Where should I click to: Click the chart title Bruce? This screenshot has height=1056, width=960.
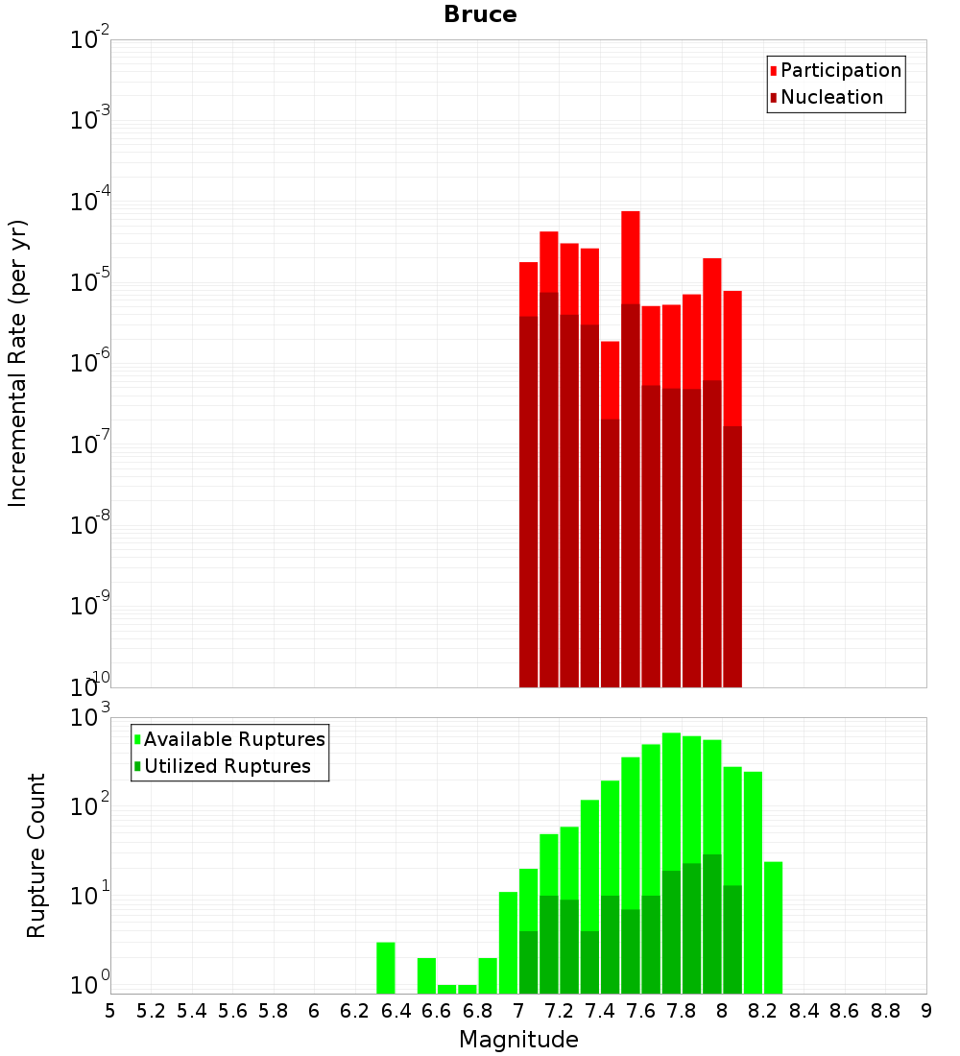point(480,15)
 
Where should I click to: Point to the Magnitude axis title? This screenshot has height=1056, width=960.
point(518,1040)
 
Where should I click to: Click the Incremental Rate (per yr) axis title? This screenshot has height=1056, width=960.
point(18,364)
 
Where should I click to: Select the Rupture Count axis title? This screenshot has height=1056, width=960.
point(36,855)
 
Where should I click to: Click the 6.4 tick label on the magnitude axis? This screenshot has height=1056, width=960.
point(396,1011)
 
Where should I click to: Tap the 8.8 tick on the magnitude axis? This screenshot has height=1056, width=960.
point(885,1011)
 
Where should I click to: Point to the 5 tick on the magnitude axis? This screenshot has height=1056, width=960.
point(110,1011)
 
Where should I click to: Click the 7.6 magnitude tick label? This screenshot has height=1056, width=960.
point(640,1011)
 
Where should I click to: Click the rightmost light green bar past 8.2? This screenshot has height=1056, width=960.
point(774,927)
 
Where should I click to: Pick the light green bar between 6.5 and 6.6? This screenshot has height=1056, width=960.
point(426,975)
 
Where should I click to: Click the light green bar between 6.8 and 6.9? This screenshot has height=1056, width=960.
point(488,975)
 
